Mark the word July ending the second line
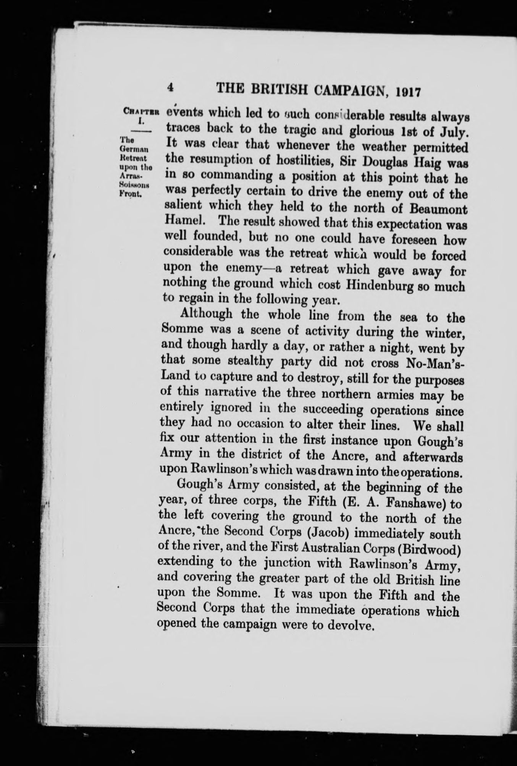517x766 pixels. pos(453,133)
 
